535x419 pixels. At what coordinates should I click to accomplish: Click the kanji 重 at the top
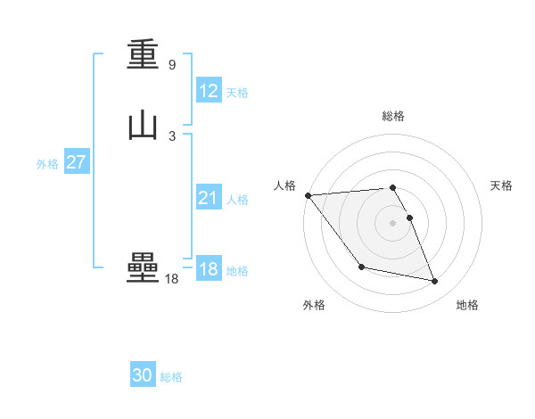143,56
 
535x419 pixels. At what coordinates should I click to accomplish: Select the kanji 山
143,125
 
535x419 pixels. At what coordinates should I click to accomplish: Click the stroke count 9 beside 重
171,65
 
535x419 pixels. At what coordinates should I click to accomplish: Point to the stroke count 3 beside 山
171,136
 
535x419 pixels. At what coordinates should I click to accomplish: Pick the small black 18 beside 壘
171,279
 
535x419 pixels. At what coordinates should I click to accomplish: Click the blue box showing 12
209,91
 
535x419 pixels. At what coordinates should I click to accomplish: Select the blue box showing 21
209,199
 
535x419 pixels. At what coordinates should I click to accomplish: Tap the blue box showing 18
209,269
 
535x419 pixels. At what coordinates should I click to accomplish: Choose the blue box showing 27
76,162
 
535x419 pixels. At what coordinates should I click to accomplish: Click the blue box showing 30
143,375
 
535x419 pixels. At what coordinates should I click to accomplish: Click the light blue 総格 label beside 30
171,377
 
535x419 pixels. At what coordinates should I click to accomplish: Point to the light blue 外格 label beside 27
47,164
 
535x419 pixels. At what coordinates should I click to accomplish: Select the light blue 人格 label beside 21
237,200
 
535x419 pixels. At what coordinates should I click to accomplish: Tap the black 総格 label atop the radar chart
393,116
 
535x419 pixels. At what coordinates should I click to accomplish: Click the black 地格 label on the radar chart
467,306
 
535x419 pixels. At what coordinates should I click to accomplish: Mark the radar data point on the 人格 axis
308,195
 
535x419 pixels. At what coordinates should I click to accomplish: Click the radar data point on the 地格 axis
435,282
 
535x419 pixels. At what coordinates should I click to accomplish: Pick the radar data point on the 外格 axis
361,267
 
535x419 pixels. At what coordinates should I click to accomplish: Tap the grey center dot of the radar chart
393,223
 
